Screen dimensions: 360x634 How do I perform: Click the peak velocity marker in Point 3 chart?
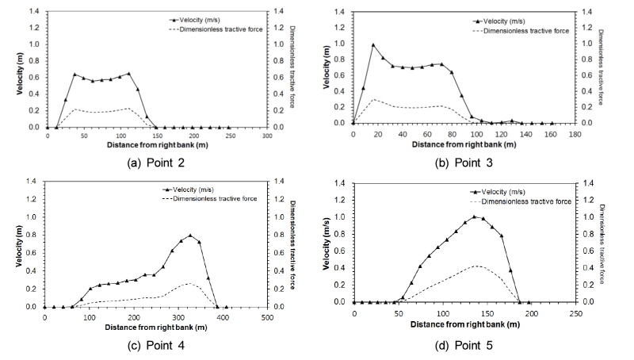(x=372, y=44)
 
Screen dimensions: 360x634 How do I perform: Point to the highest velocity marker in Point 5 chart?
(x=475, y=216)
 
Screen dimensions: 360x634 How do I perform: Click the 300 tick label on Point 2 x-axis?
(x=266, y=136)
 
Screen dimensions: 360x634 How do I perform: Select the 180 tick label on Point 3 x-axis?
(x=573, y=133)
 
